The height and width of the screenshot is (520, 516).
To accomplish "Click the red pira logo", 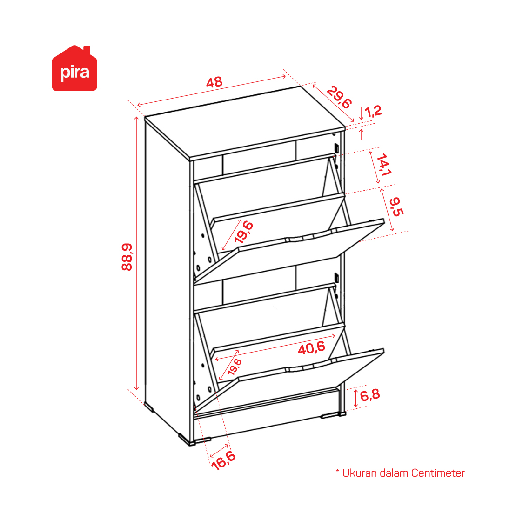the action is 74,68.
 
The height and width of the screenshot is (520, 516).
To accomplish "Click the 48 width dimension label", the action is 214,82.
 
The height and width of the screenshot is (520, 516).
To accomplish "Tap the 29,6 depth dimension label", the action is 339,97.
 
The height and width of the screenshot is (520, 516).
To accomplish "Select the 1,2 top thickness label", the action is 373,112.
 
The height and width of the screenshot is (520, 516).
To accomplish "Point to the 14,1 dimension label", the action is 384,165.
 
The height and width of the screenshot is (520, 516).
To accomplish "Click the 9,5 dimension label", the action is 396,207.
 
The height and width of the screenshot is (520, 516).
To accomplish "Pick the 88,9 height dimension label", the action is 127,257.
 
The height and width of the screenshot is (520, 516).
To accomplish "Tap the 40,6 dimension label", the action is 311,348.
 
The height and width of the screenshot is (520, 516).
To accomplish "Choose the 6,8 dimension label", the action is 369,395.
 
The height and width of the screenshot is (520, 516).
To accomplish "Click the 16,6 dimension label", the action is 223,460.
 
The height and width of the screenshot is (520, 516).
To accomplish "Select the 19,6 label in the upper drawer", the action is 243,232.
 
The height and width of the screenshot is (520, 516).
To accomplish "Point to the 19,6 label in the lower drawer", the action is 235,367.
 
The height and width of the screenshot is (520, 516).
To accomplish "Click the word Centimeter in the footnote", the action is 438,473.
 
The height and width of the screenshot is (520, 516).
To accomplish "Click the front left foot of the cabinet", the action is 195,440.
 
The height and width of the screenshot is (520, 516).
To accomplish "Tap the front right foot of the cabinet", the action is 333,414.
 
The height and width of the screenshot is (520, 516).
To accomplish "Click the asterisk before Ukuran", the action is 337,471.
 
